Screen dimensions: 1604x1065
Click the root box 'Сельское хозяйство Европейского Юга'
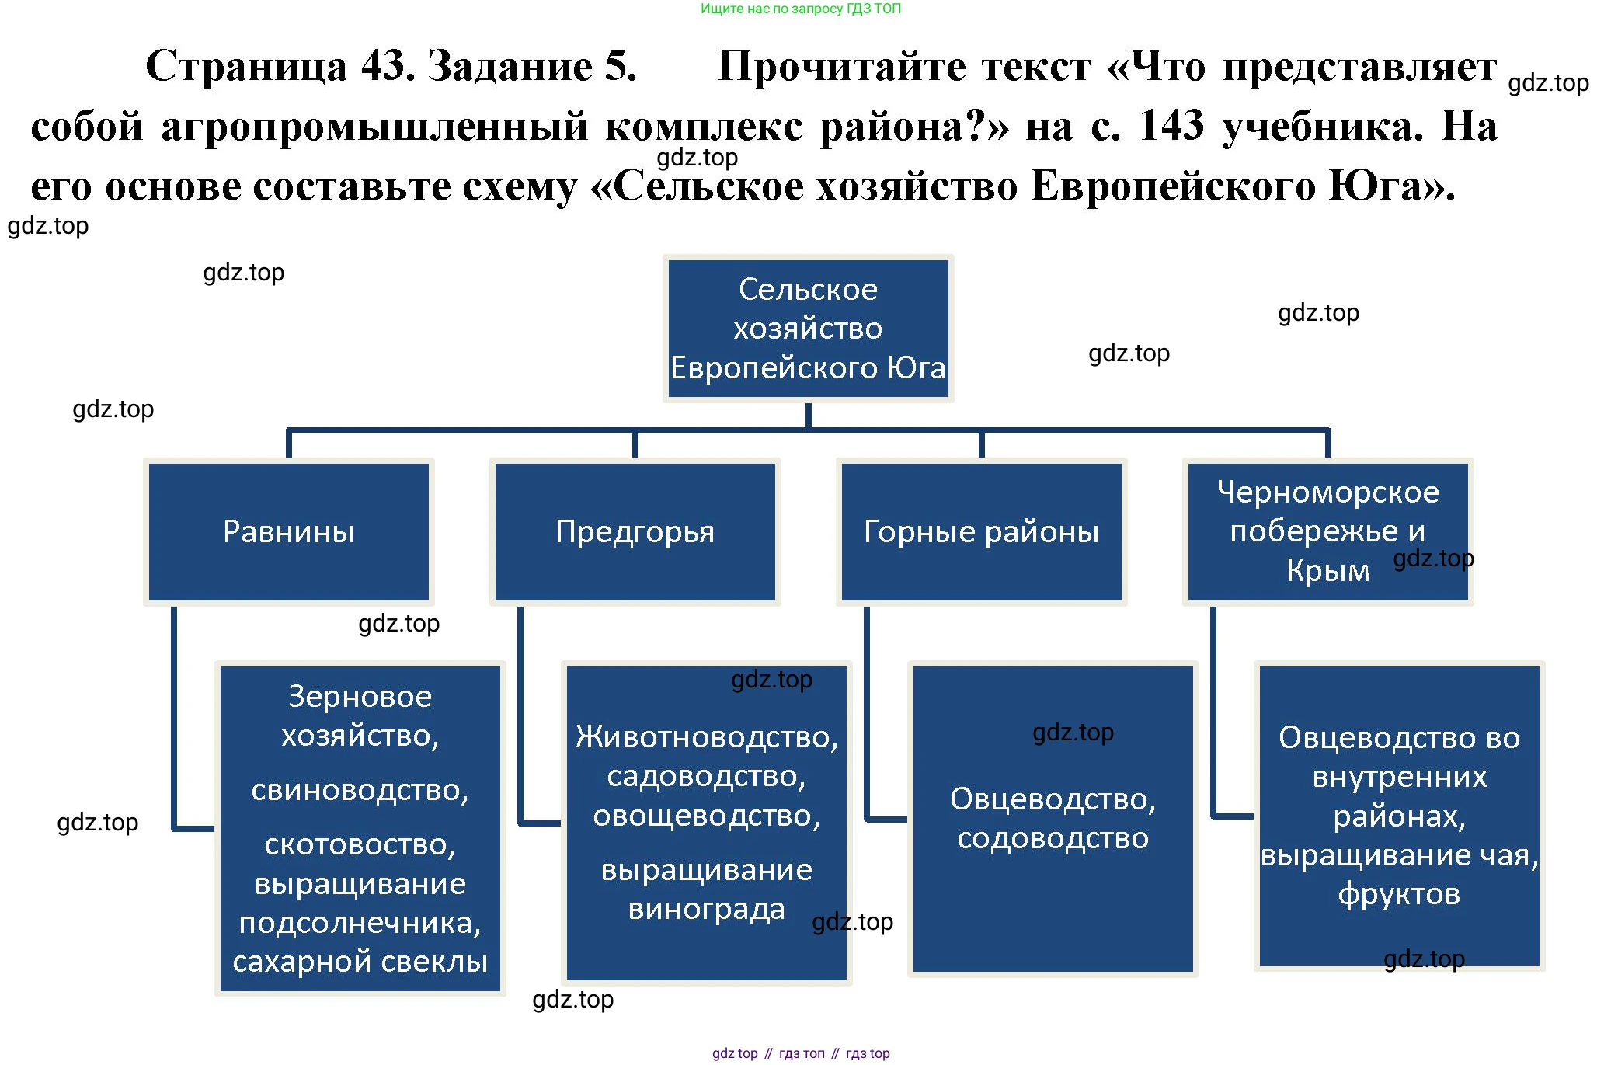coord(808,328)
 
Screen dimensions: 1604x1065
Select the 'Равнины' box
coord(288,532)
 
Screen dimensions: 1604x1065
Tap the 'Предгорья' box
coord(635,532)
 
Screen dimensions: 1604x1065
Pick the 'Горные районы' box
coord(981,532)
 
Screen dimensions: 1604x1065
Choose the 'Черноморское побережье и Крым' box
coord(1327,532)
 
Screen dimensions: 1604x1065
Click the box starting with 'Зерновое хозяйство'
coord(360,829)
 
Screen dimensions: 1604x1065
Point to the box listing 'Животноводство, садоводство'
coord(706,823)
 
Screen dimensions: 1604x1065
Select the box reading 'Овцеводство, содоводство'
coord(1053,819)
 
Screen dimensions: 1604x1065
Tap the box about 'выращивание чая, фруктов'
coord(1399,816)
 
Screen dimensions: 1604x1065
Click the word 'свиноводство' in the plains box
coord(360,790)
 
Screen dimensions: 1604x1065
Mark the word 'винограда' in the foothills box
coord(706,909)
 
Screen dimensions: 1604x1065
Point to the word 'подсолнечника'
coord(360,923)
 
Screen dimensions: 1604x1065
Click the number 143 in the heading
coord(1171,125)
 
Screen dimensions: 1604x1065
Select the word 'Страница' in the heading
coord(246,66)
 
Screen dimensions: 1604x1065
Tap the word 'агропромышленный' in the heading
coord(375,127)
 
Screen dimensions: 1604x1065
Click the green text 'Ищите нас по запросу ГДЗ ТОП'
coord(801,9)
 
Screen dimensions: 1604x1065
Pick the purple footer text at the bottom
coord(801,1053)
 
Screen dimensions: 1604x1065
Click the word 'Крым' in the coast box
coord(1327,571)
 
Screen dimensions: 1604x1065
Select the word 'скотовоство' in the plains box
coord(360,844)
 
